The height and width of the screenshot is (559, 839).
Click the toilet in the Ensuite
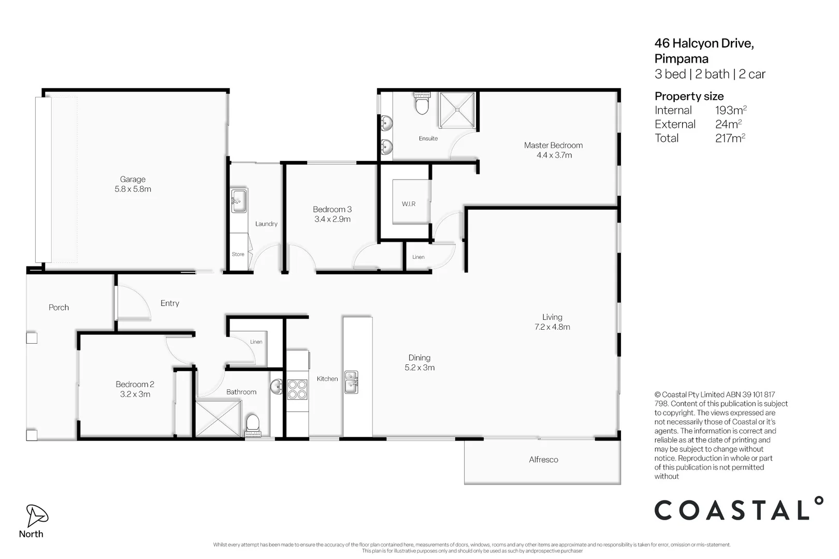422,104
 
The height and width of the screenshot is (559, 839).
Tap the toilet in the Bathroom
253,425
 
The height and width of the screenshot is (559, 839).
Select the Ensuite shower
457,110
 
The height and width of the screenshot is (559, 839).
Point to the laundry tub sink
239,201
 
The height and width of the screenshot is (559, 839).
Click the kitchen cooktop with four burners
297,389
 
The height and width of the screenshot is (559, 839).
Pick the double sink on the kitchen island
351,383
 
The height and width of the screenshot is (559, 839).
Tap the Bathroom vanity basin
277,387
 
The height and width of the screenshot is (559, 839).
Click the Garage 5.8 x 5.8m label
133,184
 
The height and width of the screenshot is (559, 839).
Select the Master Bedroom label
554,145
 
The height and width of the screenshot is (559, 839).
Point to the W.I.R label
409,204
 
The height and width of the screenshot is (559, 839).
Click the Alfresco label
543,460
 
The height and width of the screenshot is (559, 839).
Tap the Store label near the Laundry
238,254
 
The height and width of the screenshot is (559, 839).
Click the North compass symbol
37,516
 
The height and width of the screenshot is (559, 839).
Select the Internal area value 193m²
731,110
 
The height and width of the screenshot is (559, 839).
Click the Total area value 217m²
730,138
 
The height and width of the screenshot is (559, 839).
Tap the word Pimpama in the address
682,59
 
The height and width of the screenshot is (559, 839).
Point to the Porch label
59,307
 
